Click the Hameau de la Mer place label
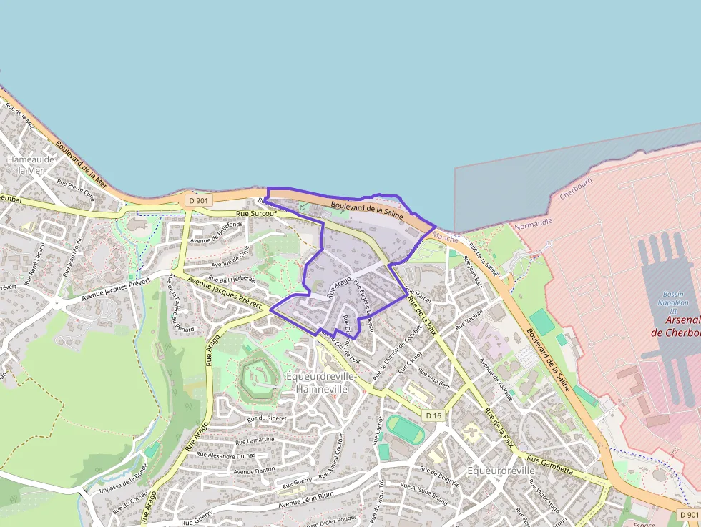pyautogui.click(x=31, y=164)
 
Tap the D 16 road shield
pyautogui.click(x=433, y=415)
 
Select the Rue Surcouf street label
pyautogui.click(x=255, y=214)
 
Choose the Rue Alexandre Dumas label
pyautogui.click(x=225, y=455)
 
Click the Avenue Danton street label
pyautogui.click(x=254, y=470)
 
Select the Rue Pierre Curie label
pyautogui.click(x=76, y=190)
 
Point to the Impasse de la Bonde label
pyautogui.click(x=123, y=478)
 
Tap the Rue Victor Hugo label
pyautogui.click(x=544, y=498)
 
